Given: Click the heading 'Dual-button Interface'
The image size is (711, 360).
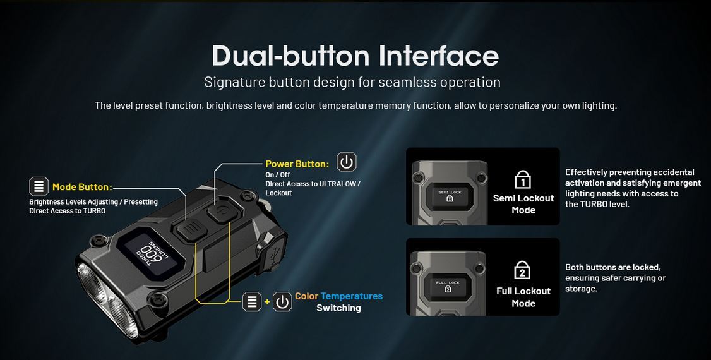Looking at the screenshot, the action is click(355, 56).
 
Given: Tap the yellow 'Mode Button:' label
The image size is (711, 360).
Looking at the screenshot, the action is click(81, 187).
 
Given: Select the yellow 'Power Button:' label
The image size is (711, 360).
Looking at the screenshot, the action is click(297, 164).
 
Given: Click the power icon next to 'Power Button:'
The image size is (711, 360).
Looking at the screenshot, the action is click(347, 162).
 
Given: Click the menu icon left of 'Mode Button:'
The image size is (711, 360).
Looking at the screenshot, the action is click(39, 186).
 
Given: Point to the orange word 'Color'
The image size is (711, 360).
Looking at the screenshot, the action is click(306, 296).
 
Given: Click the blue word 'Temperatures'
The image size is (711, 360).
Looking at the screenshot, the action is click(352, 296).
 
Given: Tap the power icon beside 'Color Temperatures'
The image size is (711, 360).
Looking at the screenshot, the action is click(282, 302).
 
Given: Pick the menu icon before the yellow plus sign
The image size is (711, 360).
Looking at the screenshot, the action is click(252, 302).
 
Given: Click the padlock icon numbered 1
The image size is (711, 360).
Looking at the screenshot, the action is click(523, 179).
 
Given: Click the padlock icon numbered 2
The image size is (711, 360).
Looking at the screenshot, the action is click(522, 270).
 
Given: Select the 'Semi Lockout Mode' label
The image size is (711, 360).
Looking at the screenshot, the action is click(523, 204).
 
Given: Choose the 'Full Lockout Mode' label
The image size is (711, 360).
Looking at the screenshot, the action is click(523, 297).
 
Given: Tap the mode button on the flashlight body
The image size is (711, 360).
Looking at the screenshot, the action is click(191, 229).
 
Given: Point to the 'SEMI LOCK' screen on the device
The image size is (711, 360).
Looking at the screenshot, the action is click(450, 196).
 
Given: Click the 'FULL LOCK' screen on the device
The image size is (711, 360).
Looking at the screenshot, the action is click(448, 286).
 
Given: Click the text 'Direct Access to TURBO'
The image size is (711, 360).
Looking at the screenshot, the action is click(68, 211).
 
